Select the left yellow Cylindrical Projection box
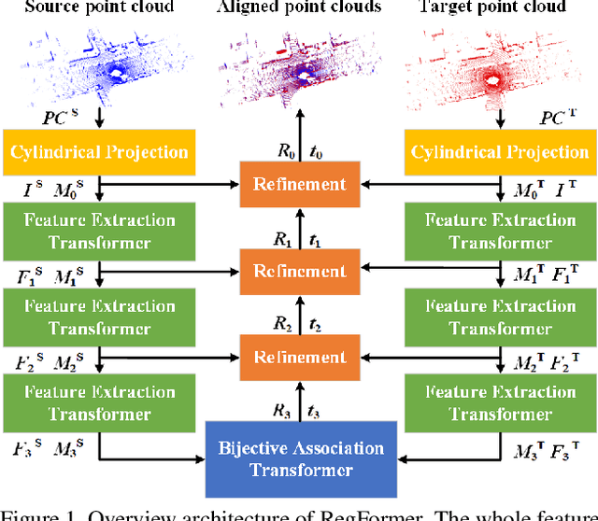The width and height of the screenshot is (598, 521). [x=100, y=151]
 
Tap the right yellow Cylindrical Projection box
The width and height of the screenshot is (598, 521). [x=500, y=151]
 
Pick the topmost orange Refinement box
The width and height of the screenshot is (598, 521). [x=299, y=184]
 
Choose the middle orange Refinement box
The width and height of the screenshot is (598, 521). [x=299, y=271]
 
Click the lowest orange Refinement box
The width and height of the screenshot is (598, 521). [x=299, y=357]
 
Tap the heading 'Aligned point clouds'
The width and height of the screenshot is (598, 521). [x=299, y=7]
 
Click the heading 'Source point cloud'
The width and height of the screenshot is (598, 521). [x=100, y=7]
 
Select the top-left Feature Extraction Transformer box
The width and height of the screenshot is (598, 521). [x=100, y=231]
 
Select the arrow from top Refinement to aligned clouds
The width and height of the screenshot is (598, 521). [x=299, y=131]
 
